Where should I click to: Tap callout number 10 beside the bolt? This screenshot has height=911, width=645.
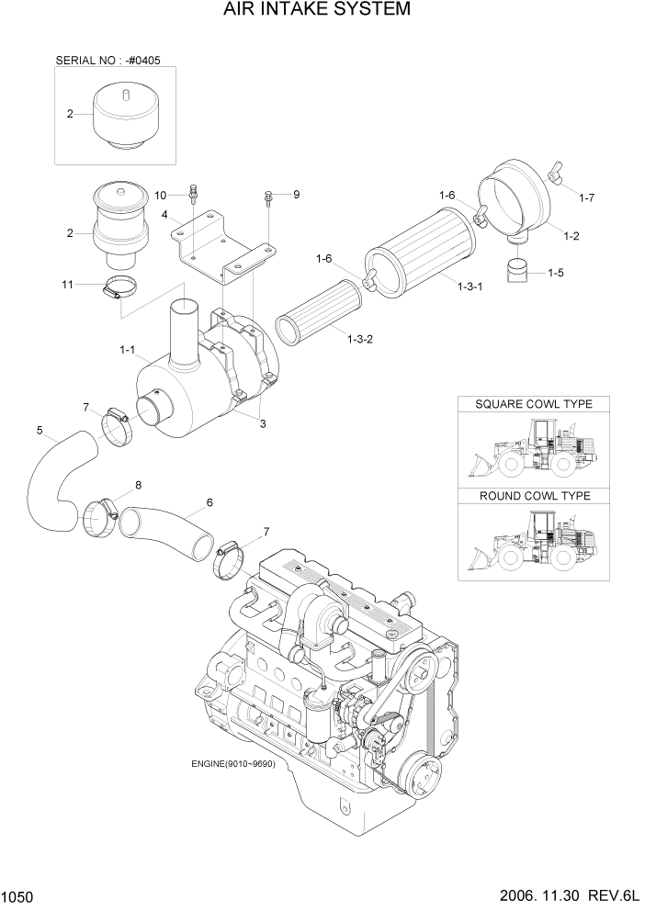coord(160,196)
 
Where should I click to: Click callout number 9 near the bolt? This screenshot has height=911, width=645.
coord(296,195)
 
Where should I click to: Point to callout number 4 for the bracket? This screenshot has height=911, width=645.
coord(164,216)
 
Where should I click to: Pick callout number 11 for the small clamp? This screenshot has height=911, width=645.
coord(66,286)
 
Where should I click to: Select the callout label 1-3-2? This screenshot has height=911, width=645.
coord(361,339)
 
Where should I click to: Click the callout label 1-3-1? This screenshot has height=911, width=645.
coord(471,287)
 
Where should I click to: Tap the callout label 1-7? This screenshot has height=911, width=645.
coord(587,197)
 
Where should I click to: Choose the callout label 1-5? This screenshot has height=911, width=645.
coord(556,273)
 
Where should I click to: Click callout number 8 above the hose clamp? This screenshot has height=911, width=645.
coord(138,485)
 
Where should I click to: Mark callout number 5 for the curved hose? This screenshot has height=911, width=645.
coord(39,430)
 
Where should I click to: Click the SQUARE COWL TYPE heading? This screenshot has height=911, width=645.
coord(533,404)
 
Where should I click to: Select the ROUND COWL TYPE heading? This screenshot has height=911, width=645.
coord(533,496)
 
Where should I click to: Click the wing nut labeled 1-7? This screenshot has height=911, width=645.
coord(555,172)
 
